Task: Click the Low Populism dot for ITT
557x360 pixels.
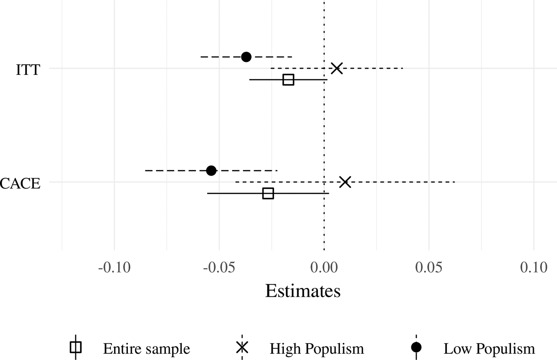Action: pos(246,57)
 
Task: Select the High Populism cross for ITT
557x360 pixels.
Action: pos(337,68)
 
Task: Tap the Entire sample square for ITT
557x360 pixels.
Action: pos(288,80)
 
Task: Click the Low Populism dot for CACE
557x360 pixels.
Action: pos(211,171)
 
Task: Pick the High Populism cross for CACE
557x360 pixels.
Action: pos(345,182)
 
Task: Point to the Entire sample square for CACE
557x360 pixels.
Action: pos(268,193)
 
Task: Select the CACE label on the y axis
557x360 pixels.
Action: pos(20,183)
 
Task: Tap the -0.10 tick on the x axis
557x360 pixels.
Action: pos(114,268)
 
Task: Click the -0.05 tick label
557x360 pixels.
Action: pos(219,268)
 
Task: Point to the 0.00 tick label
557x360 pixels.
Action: pos(324,268)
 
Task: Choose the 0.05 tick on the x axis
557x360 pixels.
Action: pos(429,268)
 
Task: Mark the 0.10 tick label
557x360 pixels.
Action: pos(534,268)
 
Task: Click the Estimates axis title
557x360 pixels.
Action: pos(303,291)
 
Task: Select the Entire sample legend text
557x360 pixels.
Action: pos(146,348)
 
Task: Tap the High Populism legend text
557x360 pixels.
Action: pos(317,348)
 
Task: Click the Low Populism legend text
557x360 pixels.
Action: pos(489,348)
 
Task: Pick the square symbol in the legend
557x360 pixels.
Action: pos(76,347)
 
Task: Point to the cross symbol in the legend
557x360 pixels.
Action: pos(242,347)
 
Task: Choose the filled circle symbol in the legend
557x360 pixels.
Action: pos(416,347)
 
